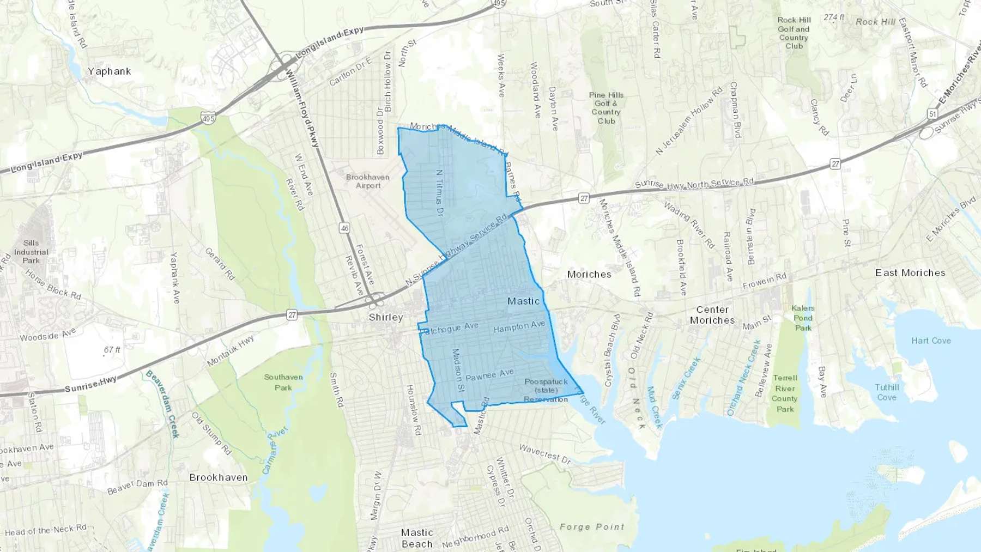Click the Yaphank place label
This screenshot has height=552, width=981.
(x=109, y=71)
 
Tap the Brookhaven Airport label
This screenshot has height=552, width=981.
(x=368, y=181)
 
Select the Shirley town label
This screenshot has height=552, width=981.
(x=386, y=317)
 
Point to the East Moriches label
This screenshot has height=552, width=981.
(x=910, y=273)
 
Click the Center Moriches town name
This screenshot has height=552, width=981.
(x=712, y=315)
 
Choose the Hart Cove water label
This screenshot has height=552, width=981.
(x=931, y=341)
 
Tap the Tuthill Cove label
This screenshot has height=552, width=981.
(x=887, y=392)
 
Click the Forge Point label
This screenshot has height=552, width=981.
(x=592, y=527)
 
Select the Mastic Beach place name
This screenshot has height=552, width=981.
(x=417, y=538)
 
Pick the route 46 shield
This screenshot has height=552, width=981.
(x=344, y=228)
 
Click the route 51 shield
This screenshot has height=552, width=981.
(x=932, y=114)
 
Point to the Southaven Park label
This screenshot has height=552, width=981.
(x=283, y=382)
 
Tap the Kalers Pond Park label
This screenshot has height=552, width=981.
(x=803, y=318)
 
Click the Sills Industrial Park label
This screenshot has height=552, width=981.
(x=31, y=252)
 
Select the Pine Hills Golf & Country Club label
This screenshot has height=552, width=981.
(x=606, y=108)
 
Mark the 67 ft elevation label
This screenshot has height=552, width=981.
(x=112, y=350)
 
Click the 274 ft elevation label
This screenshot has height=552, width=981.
(x=834, y=17)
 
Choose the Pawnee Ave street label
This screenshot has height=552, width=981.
(x=489, y=375)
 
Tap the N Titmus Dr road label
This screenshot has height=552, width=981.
(x=439, y=193)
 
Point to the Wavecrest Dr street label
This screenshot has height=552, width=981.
(x=544, y=454)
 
